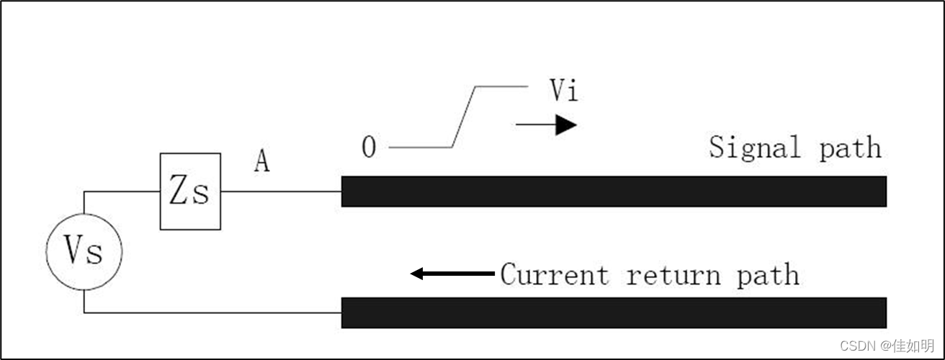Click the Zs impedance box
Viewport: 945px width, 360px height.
click(190, 192)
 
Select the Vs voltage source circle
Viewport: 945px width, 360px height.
click(84, 251)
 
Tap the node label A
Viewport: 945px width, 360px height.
click(262, 163)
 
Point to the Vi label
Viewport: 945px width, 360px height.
click(563, 91)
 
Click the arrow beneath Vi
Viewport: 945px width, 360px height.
click(547, 125)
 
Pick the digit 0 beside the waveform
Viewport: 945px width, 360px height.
click(368, 148)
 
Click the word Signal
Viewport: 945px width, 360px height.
click(755, 148)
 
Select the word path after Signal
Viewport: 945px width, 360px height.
click(850, 148)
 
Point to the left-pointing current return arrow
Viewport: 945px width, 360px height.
click(452, 274)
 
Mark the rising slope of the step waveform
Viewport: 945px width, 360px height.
click(463, 117)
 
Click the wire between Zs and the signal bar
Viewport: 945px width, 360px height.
click(281, 192)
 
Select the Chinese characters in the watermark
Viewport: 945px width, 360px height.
click(914, 346)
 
